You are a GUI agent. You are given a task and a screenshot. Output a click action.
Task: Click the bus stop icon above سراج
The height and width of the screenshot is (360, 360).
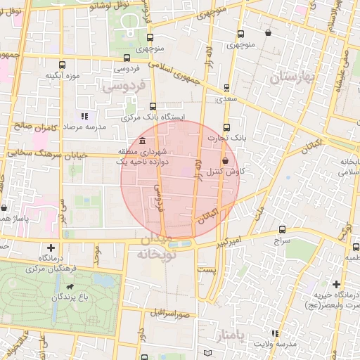283,229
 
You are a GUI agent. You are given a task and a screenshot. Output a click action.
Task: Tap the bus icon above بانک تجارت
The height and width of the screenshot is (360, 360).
226,127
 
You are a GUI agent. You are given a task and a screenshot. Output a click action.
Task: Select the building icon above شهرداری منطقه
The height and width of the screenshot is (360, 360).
143,142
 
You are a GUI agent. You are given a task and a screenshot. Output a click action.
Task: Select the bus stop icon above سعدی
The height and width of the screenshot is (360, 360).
226,89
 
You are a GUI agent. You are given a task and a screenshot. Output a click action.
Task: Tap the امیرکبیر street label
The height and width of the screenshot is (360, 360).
229,242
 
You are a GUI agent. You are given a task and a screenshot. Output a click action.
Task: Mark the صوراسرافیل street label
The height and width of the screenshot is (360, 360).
171,311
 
